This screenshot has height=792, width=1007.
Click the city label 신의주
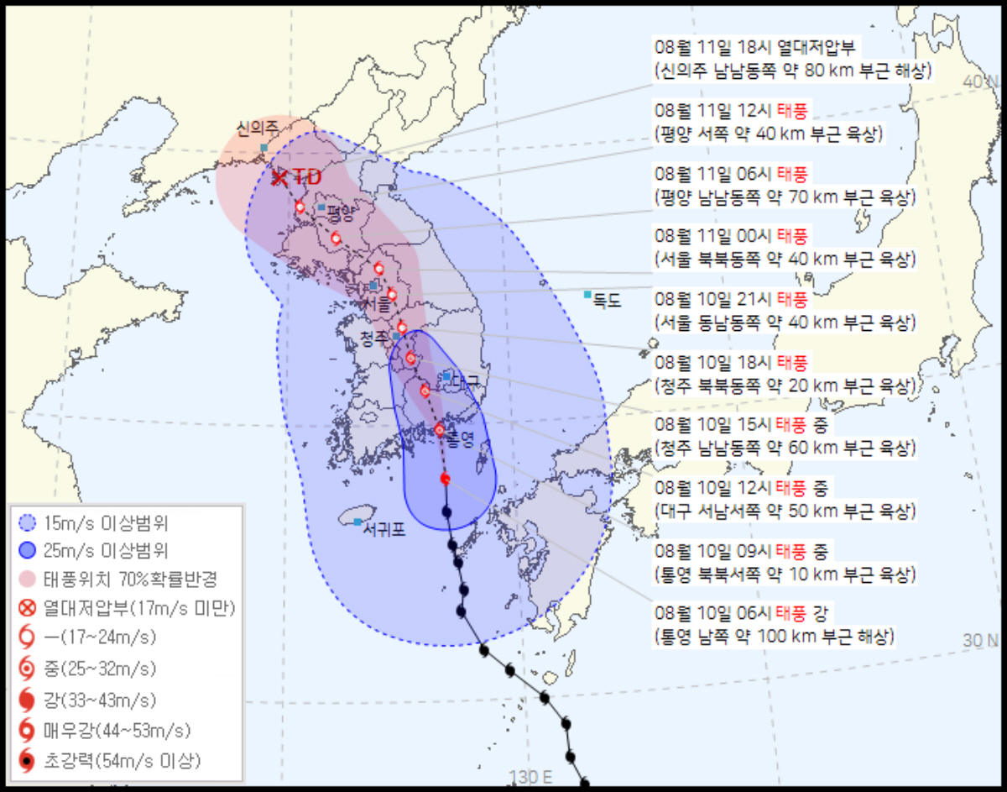(x=258, y=129)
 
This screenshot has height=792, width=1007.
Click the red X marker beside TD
(x=279, y=176)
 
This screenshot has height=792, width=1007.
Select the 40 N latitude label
(x=980, y=81)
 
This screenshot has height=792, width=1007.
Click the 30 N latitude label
(x=980, y=641)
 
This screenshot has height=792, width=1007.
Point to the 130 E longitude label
(x=530, y=776)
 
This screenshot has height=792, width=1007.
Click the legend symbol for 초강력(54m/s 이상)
(x=27, y=761)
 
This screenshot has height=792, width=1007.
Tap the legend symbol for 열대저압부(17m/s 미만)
(x=27, y=609)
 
